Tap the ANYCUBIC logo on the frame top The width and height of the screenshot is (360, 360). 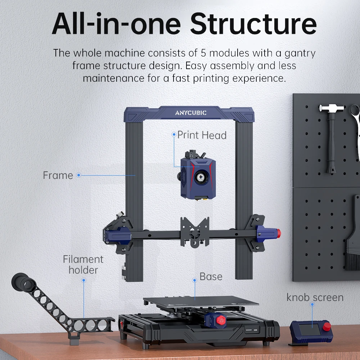point(191,113)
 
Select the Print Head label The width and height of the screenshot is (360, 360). point(202,135)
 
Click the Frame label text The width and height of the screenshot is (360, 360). point(58,175)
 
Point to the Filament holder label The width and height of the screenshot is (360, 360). point(83,264)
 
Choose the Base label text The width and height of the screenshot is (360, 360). point(211,276)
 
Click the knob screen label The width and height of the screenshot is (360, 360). point(315,297)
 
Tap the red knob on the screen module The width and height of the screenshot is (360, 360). point(327,327)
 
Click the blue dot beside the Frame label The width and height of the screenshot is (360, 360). point(78,175)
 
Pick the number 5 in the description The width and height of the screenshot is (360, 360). point(203,53)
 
